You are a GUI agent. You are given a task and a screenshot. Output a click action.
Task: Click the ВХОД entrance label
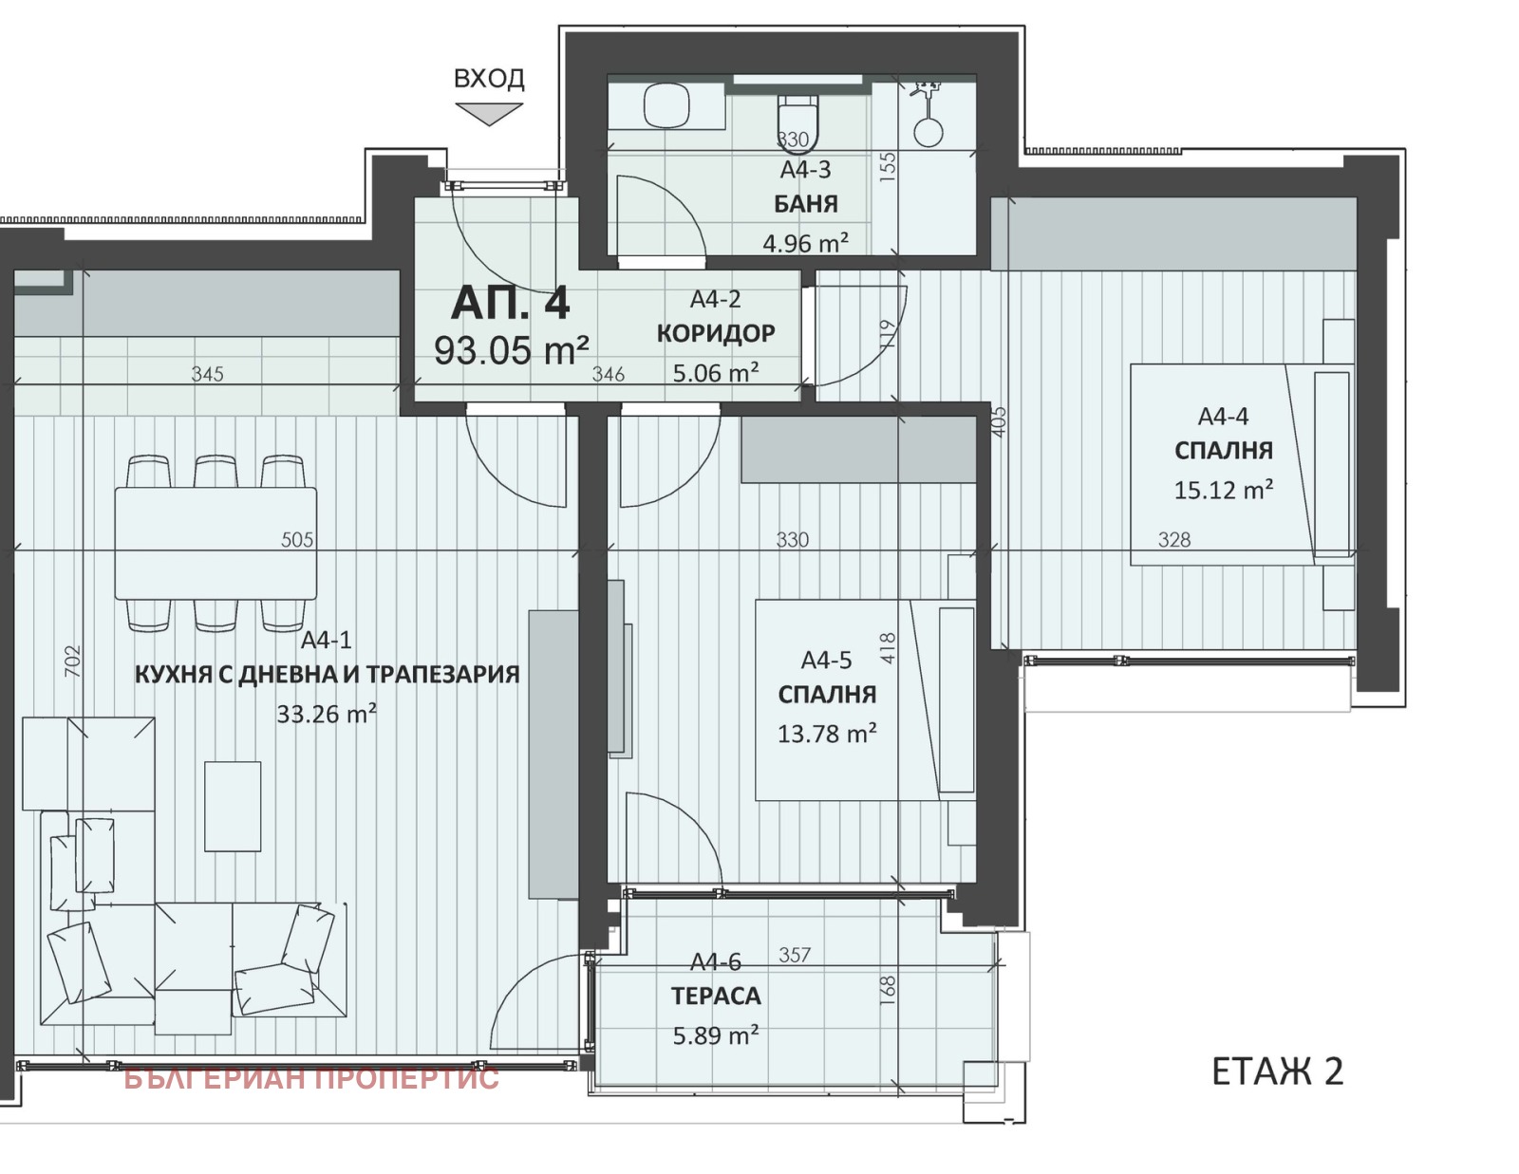[x=489, y=78]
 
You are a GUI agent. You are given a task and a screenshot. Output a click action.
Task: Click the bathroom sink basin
[x=666, y=104]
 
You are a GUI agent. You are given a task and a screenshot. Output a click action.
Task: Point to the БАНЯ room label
[x=805, y=203]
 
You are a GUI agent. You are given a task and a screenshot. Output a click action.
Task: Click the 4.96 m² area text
[x=805, y=243]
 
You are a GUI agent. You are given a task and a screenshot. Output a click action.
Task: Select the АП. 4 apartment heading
[x=510, y=304]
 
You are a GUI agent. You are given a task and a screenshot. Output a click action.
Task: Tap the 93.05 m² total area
[x=511, y=350]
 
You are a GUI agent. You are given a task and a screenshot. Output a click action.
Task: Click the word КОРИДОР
[x=716, y=333]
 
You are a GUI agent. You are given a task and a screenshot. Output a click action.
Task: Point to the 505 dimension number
[x=297, y=539]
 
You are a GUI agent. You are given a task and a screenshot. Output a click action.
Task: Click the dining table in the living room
[x=216, y=543]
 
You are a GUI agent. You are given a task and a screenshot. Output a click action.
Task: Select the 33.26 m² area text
[x=327, y=714]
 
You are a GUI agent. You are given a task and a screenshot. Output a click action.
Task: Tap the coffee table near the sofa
[x=232, y=807]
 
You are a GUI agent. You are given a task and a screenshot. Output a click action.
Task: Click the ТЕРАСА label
[x=716, y=996]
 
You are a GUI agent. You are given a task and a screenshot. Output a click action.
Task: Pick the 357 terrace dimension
[x=795, y=955]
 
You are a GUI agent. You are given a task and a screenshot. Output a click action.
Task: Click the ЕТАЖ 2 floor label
[x=1277, y=1072]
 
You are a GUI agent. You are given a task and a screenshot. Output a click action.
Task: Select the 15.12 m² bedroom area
[x=1224, y=490]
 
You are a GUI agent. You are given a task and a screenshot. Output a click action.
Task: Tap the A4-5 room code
[x=826, y=660]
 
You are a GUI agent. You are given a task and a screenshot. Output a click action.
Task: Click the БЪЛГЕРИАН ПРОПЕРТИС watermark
[x=311, y=1078]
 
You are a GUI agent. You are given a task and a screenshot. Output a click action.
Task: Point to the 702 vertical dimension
[x=73, y=662]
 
